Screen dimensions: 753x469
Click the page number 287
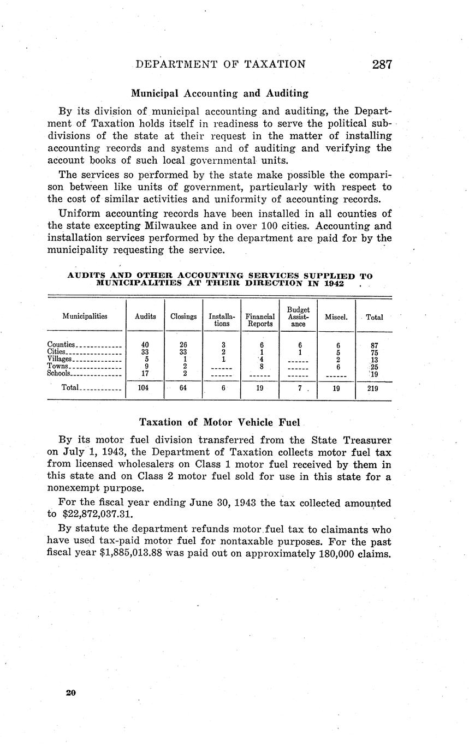coord(382,64)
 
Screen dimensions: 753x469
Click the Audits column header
coord(145,316)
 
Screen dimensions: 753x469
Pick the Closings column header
coord(183,316)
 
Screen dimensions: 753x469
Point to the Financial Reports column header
coord(260,320)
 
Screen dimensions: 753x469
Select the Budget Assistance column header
coord(298,316)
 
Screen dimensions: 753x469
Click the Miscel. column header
coord(336,316)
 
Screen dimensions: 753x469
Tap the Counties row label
coord(61,345)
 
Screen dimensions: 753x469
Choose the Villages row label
coord(60,359)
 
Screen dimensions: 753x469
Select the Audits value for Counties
coord(145,345)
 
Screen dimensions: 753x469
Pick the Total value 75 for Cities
coord(375,352)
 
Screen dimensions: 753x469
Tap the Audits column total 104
coord(145,390)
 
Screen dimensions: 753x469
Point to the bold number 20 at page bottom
coord(70,693)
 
